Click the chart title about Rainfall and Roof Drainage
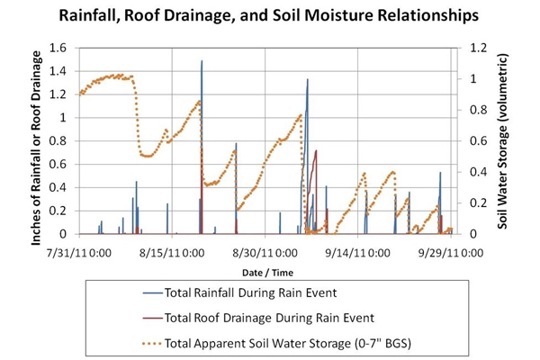(269, 15)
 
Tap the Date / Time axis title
(269, 271)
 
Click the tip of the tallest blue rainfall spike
(202, 61)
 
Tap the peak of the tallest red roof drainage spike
(316, 150)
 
